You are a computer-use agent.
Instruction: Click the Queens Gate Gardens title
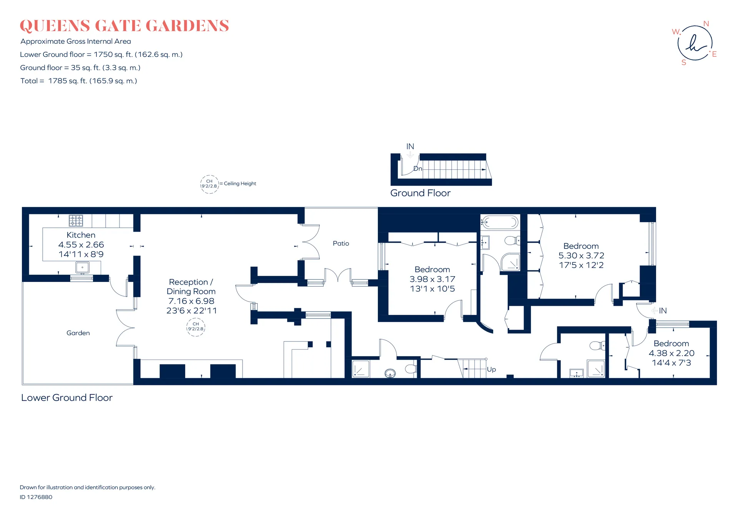124,26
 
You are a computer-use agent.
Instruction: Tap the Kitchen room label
81,235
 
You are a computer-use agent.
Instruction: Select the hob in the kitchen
76,221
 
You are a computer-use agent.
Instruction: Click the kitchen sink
82,267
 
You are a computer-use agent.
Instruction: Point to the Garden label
78,333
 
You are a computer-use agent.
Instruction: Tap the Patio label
341,243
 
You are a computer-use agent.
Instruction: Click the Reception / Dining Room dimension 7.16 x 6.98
191,301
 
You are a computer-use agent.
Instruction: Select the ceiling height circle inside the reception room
196,327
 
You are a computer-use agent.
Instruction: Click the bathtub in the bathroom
500,222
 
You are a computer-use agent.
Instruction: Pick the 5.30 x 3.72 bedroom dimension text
581,255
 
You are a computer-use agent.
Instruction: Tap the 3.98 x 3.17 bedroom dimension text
432,279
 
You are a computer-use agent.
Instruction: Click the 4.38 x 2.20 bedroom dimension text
672,353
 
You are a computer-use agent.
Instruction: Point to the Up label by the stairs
491,370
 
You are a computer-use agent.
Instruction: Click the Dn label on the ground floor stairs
418,169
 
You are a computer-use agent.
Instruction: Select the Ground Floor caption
421,193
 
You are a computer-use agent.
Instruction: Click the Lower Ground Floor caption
67,398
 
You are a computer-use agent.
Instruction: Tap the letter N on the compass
706,24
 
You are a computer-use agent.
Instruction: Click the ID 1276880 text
36,497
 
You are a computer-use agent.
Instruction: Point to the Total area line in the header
79,81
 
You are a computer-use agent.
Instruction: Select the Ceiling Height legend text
240,184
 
